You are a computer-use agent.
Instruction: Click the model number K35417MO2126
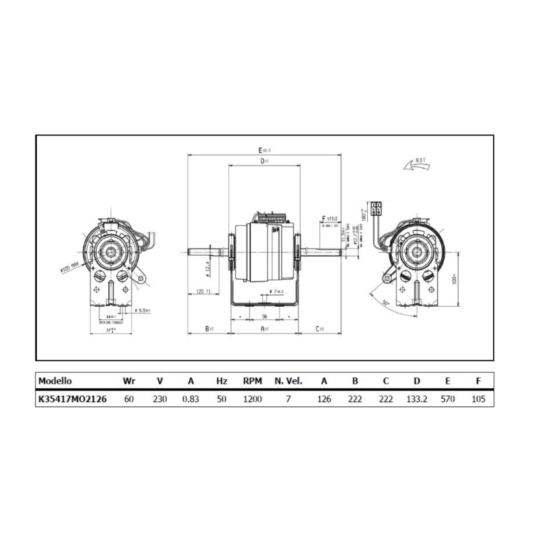[x=73, y=398]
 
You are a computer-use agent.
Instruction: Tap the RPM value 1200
[x=253, y=398]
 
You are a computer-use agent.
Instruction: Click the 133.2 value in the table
[x=416, y=398]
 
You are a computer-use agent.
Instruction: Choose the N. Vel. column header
[x=288, y=381]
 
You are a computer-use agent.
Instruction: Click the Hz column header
[x=221, y=381]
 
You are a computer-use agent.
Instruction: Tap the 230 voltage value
[x=160, y=398]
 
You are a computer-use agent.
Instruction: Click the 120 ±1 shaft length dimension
[x=203, y=292]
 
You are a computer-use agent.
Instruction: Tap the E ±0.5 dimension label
[x=264, y=149]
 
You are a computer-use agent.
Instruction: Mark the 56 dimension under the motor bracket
[x=264, y=317]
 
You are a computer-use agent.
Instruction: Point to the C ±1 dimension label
[x=320, y=329]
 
